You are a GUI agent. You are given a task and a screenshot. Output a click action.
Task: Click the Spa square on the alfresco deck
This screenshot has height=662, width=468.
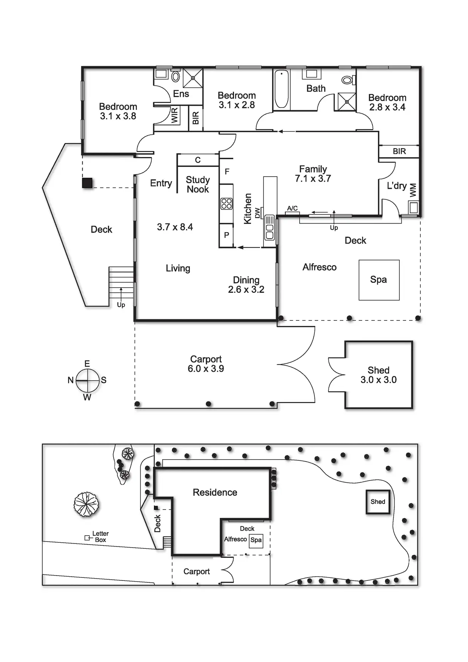point(379,280)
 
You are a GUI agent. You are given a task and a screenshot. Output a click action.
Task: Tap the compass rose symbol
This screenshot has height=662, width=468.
point(88,380)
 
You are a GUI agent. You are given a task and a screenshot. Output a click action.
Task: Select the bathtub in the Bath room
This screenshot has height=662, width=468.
point(282,89)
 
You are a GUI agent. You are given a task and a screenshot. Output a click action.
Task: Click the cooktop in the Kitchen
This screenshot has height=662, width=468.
point(226,204)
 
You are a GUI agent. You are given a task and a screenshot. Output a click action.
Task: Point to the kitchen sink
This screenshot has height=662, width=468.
point(269,227)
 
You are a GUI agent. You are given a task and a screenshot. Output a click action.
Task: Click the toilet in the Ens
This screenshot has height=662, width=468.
point(175,77)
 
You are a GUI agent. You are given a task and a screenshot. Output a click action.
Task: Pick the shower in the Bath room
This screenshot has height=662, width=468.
point(346,102)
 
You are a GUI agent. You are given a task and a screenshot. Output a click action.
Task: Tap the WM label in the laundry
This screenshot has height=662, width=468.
point(413,190)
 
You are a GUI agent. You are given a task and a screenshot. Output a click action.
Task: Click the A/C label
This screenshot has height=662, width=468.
point(292,208)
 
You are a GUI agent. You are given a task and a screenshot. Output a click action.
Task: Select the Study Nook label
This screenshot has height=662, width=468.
point(198,185)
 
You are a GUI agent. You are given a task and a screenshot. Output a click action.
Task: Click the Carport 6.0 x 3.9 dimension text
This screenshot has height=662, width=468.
point(206,369)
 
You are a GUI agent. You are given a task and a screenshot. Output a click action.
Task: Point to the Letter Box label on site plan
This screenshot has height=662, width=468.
point(100,537)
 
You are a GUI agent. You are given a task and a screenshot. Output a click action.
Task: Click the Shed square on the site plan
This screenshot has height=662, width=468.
point(378,502)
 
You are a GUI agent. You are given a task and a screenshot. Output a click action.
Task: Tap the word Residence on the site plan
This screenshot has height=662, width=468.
point(215,493)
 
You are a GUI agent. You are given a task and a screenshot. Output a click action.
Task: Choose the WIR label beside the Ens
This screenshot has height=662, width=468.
point(174,115)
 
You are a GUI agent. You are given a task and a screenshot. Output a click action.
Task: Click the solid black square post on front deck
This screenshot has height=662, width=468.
point(87,183)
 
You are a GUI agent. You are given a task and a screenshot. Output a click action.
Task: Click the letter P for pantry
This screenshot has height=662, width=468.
point(226,235)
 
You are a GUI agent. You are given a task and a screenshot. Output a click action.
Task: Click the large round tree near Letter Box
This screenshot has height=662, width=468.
point(86,504)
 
